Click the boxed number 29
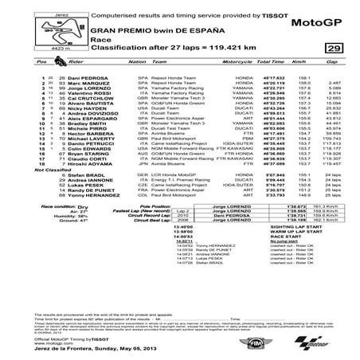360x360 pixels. click(334, 49)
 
